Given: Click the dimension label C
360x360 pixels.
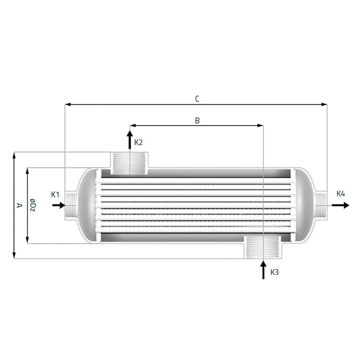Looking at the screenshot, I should (x=197, y=99).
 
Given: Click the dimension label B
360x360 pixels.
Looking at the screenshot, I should (x=197, y=121).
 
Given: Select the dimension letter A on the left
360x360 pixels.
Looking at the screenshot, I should (x=19, y=205).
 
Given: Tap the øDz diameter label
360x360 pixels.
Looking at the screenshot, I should (x=33, y=205).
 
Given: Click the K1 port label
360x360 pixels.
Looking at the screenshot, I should (x=55, y=195).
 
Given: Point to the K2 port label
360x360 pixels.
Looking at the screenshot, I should (x=139, y=143).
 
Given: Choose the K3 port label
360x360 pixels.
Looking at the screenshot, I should (x=274, y=272).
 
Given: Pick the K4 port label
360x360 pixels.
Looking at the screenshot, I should (x=341, y=194).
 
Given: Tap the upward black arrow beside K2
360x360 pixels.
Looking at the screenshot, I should (x=130, y=140).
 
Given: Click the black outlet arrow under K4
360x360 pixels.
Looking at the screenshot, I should (x=340, y=205).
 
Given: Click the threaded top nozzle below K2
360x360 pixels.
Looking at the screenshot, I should (x=129, y=163).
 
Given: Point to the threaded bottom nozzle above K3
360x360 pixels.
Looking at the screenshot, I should (x=263, y=247).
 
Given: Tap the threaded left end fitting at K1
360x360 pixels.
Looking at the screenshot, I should (x=71, y=205).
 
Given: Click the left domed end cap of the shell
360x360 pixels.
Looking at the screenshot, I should (x=86, y=205).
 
